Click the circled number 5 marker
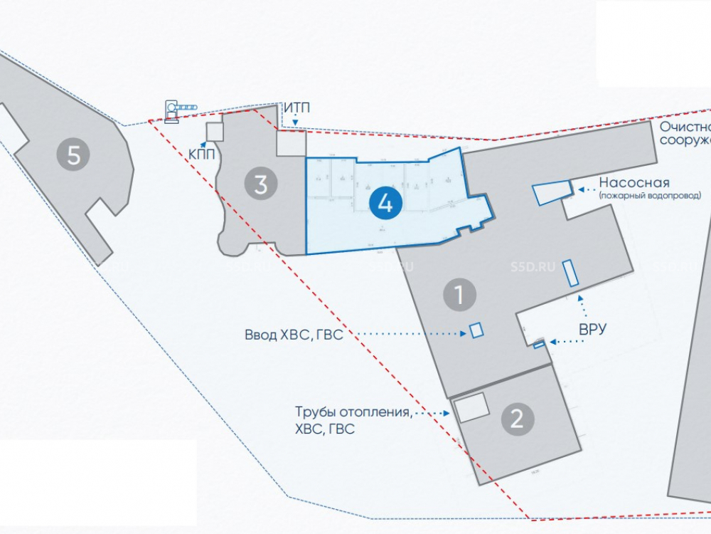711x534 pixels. coord(74,155)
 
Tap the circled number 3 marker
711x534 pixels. coord(261,184)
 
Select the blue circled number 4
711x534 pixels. coord(385,204)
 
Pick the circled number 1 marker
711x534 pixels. coord(459,294)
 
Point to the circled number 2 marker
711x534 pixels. coord(517,418)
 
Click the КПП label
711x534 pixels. coord(201,153)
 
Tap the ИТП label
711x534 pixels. coord(297,108)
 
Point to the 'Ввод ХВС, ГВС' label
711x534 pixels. coord(294,335)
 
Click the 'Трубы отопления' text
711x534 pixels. coord(353,412)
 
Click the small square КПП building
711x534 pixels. coord(214,131)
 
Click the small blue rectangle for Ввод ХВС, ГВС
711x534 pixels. coord(476,330)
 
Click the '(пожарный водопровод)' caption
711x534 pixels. coord(649,195)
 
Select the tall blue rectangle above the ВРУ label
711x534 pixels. coord(571,273)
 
